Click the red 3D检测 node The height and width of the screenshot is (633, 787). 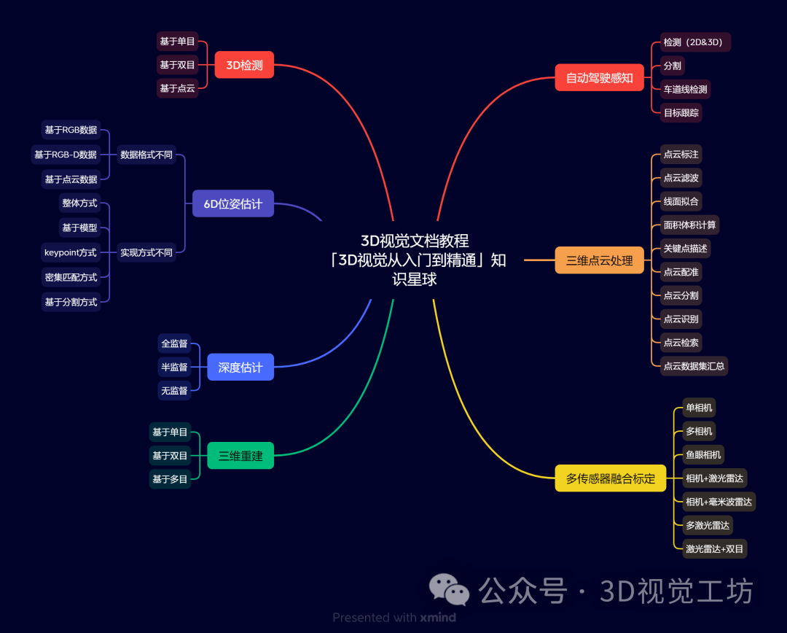(x=244, y=65)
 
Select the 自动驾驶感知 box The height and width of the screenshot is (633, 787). (x=599, y=77)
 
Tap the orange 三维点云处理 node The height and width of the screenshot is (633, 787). (x=599, y=260)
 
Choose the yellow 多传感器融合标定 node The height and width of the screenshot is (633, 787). (x=610, y=479)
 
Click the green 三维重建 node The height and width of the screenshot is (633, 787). (x=240, y=456)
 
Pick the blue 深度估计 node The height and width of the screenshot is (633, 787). (x=240, y=367)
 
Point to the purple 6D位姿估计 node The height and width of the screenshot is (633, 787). (x=232, y=203)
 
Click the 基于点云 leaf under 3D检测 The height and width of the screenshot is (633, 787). (x=177, y=88)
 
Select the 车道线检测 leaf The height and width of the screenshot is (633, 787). (x=685, y=89)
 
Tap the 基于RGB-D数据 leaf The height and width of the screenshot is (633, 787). (x=65, y=155)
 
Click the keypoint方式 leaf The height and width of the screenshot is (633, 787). (x=70, y=252)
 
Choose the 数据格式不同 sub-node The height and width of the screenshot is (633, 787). (x=146, y=155)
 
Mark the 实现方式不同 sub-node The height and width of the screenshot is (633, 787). (x=146, y=252)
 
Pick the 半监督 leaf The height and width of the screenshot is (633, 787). (x=174, y=367)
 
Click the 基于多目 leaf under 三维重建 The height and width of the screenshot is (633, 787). (x=170, y=479)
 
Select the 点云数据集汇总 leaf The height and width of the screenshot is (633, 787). (x=694, y=365)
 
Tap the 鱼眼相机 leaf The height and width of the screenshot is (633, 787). (x=703, y=455)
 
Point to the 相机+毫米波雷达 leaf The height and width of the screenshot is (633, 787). (x=719, y=502)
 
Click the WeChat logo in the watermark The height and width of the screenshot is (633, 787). (x=449, y=589)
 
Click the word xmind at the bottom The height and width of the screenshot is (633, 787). (x=438, y=618)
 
